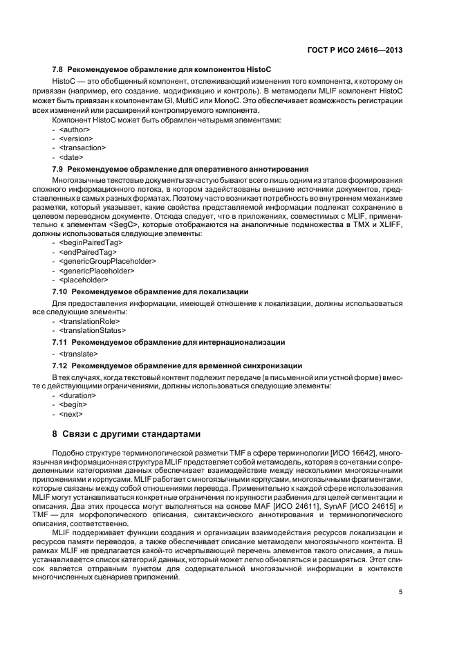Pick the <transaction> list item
click(x=82, y=147)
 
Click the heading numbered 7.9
click(x=180, y=169)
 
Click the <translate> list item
click(x=78, y=354)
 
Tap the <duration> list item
click(x=78, y=395)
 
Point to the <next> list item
click(x=71, y=414)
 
